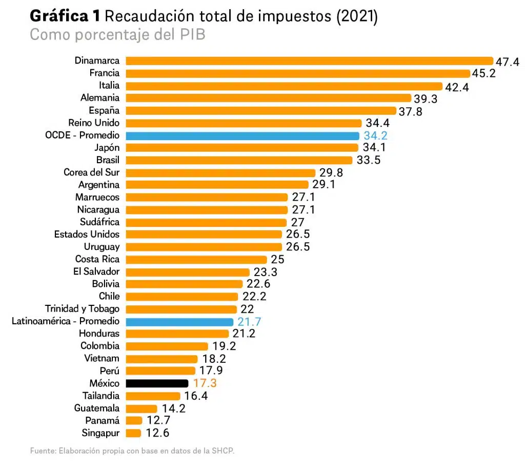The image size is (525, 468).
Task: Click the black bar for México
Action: (x=157, y=383)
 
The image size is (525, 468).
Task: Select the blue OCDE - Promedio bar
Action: (x=242, y=135)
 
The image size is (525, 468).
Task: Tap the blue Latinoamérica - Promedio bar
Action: (x=179, y=321)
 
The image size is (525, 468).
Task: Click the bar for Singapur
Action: (x=133, y=433)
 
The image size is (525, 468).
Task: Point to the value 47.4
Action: (x=508, y=62)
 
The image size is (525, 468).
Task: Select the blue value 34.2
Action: (x=375, y=136)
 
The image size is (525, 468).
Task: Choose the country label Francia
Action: (x=104, y=73)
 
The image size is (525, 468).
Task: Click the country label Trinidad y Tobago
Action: (x=82, y=309)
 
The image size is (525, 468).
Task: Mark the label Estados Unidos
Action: (x=87, y=235)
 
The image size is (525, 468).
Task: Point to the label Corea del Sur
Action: (x=91, y=172)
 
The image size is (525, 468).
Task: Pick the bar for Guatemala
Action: (x=142, y=408)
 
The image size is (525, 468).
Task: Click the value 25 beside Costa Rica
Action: (x=277, y=260)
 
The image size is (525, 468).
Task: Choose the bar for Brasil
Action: (x=239, y=160)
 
